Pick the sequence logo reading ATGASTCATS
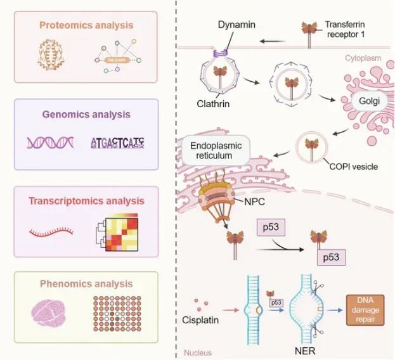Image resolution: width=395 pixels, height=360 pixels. [x=117, y=143]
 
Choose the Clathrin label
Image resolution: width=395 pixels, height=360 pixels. [x=212, y=100]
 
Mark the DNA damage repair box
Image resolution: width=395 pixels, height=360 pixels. [x=367, y=308]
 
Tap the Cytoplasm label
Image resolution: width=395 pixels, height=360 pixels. [x=364, y=58]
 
